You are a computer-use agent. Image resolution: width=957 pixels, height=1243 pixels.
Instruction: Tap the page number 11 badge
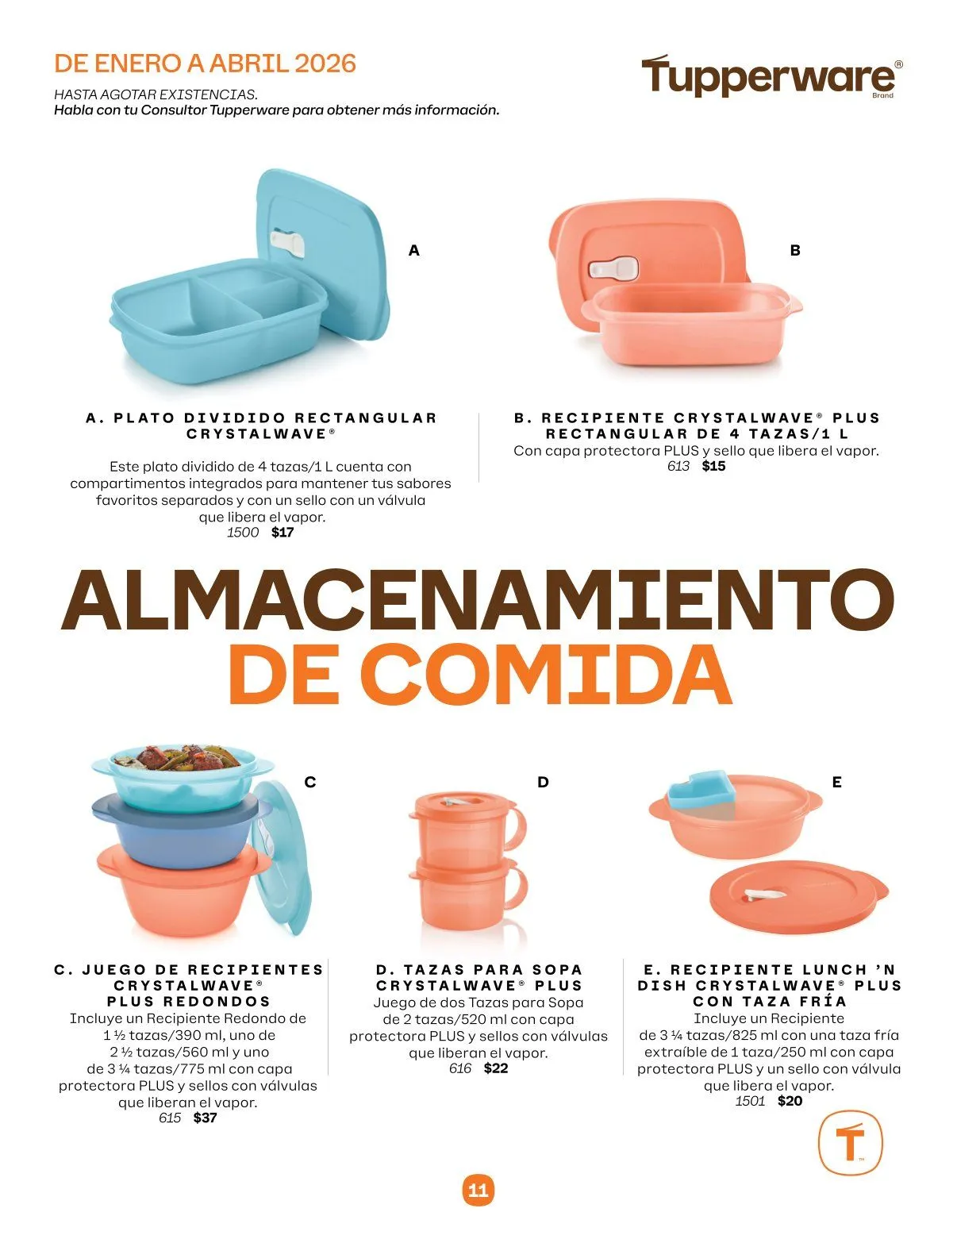tap(478, 1190)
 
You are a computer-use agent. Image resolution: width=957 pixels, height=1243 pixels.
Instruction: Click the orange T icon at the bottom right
tap(850, 1142)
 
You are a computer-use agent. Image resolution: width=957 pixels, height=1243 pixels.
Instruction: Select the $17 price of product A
tap(282, 532)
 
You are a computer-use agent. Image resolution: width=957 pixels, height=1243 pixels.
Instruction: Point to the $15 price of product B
tap(713, 466)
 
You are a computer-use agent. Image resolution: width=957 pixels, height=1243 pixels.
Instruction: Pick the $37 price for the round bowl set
tap(205, 1118)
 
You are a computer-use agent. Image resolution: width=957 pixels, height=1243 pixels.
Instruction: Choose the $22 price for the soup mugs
tap(496, 1068)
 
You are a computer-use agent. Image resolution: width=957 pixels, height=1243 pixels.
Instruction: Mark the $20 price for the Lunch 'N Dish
tap(790, 1101)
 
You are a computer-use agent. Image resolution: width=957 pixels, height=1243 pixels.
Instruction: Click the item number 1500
tap(243, 532)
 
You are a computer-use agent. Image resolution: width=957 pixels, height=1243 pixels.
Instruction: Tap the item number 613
tap(678, 466)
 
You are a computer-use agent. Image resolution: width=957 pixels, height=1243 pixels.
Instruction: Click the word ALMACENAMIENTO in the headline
tap(478, 600)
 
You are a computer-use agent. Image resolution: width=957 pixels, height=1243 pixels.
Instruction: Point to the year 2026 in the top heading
tap(325, 63)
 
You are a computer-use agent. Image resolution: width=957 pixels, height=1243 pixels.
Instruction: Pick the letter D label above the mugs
tap(543, 782)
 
